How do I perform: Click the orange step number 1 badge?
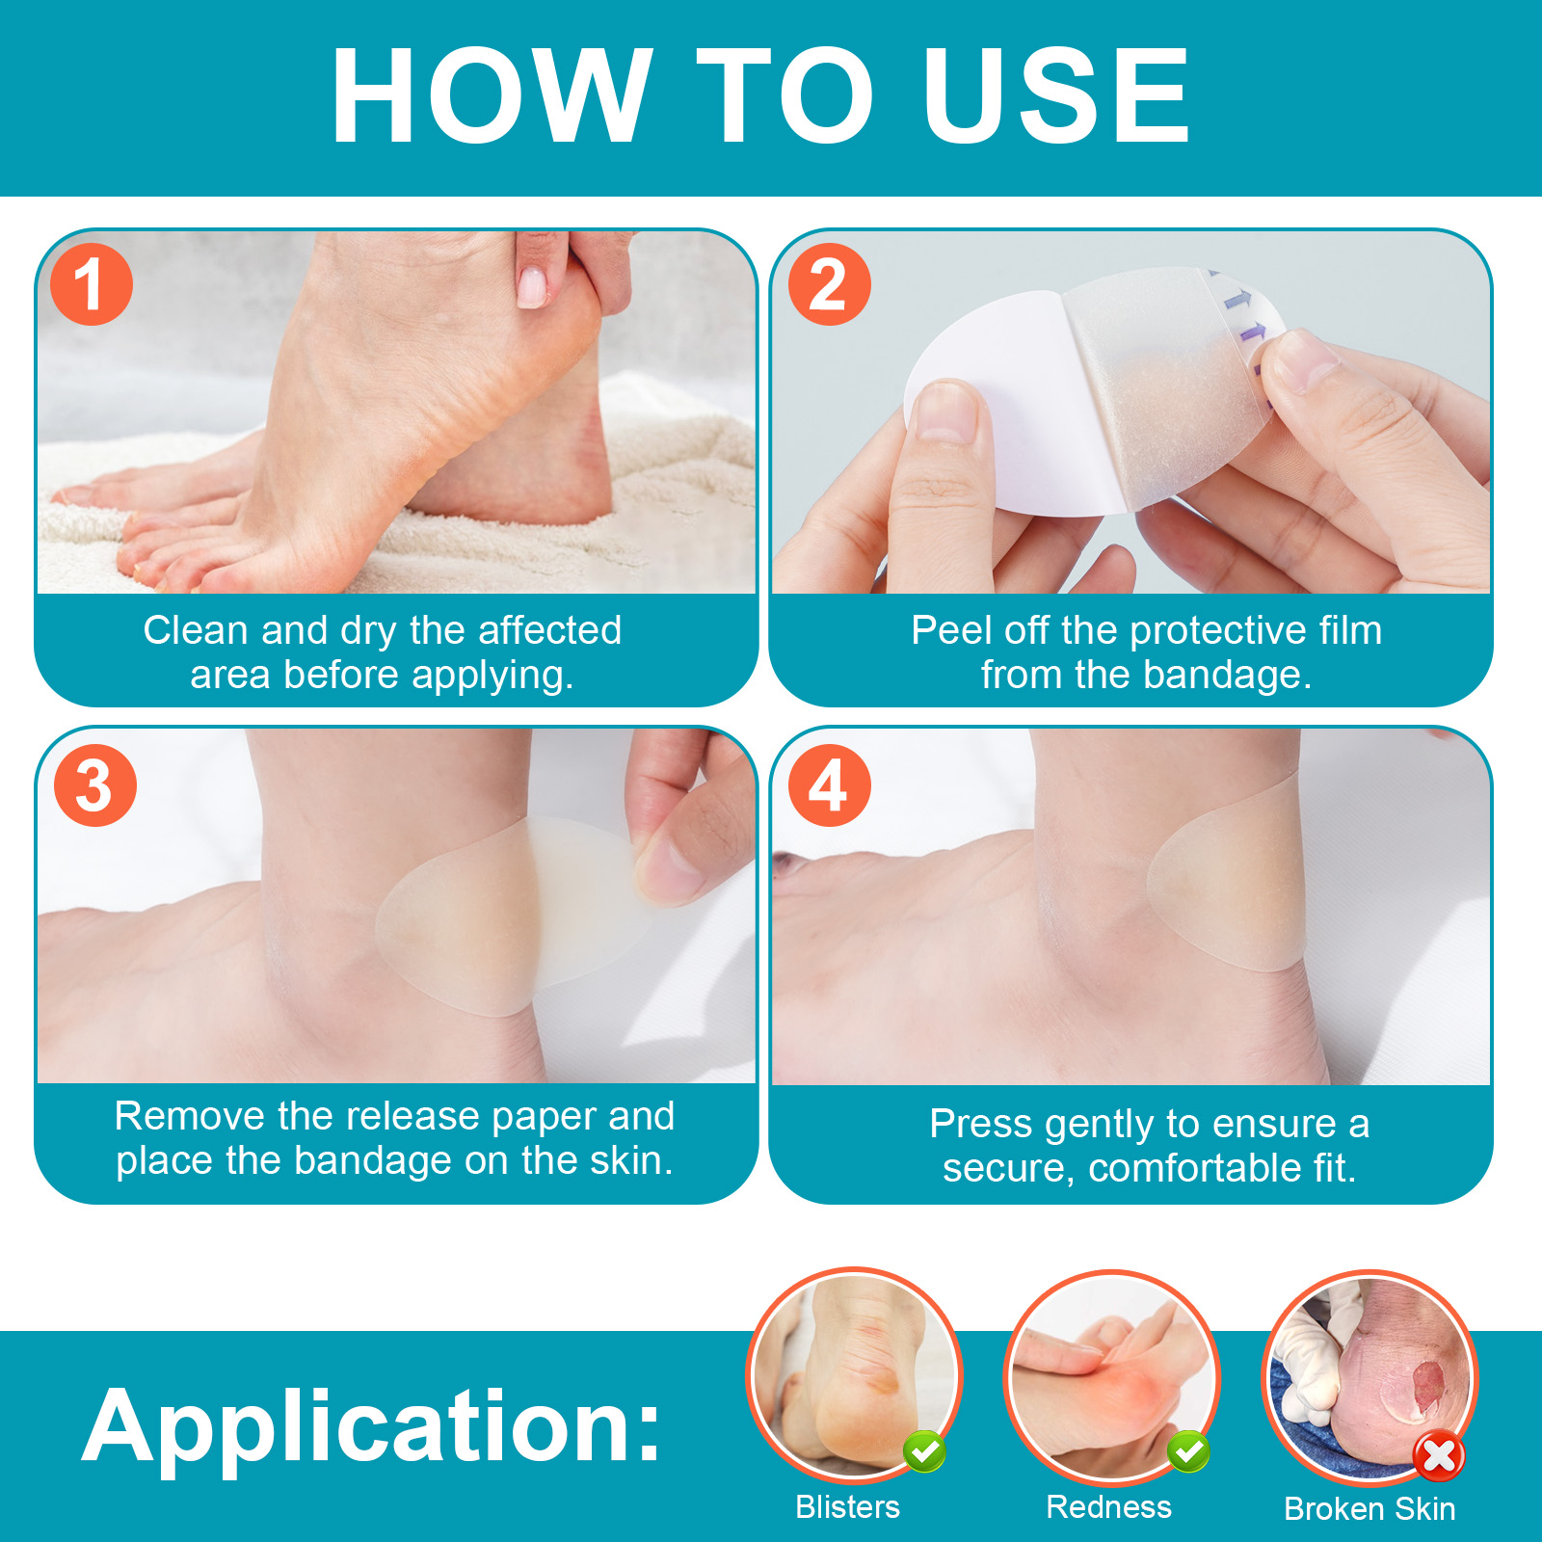[x=91, y=284]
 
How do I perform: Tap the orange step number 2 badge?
[x=829, y=284]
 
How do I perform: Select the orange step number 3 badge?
[x=94, y=785]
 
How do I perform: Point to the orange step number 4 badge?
[x=829, y=785]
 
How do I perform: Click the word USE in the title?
[x=1056, y=96]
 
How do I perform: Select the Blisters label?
[x=847, y=1506]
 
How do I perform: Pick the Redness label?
[x=1108, y=1506]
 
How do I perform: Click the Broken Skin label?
[x=1369, y=1508]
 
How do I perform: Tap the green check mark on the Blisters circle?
[x=924, y=1450]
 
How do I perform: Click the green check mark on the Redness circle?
[x=1188, y=1450]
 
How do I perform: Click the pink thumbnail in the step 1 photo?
[x=532, y=286]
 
